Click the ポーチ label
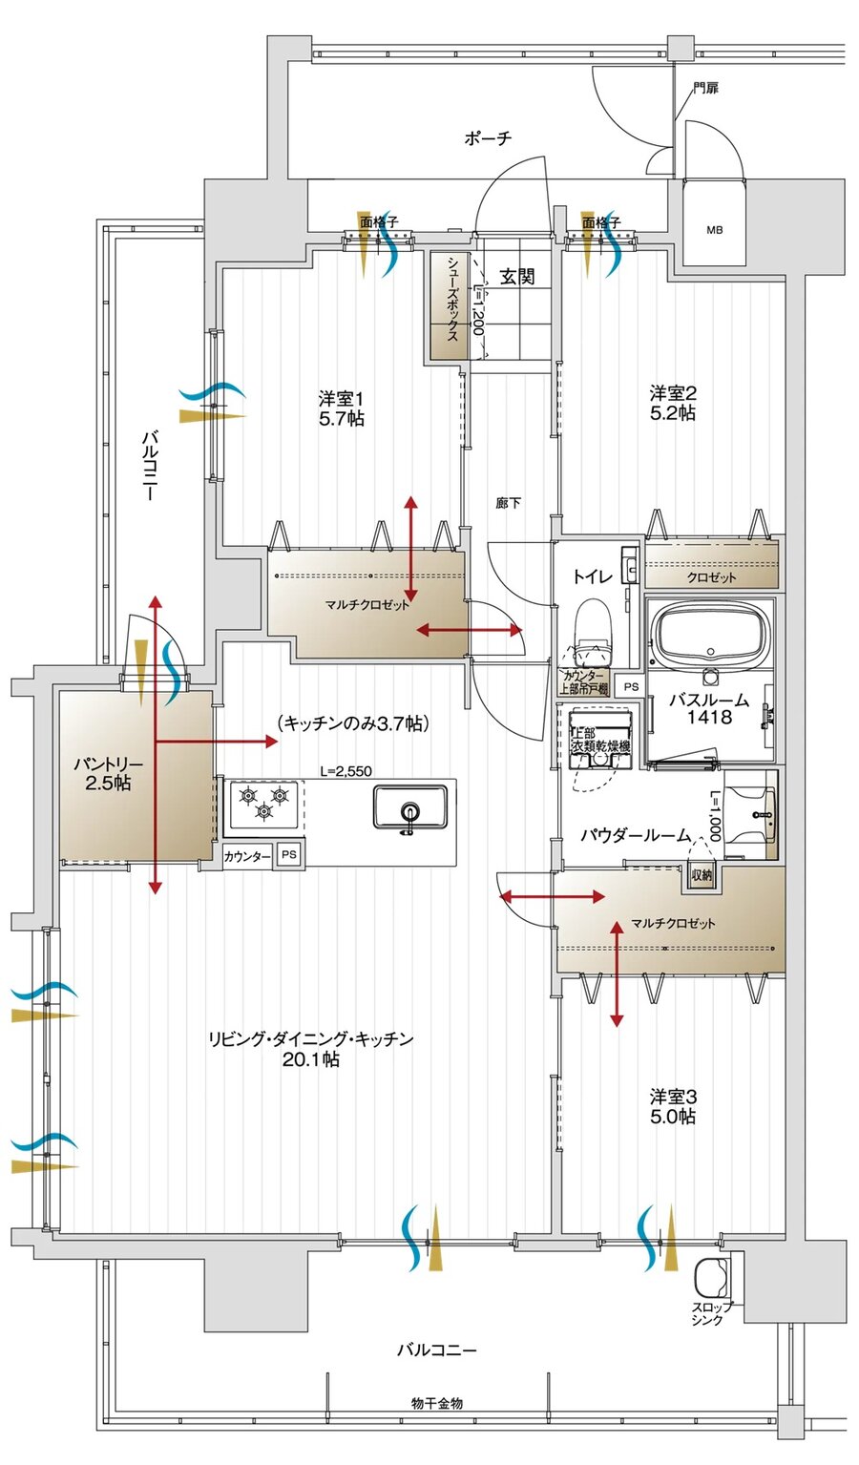pos(488,138)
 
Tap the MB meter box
pos(714,230)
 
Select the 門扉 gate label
pos(705,89)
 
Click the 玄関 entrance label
pos(517,277)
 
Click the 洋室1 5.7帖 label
pos(341,408)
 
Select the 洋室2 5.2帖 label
pos(673,403)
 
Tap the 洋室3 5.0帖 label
pos(673,1106)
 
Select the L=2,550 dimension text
pos(346,771)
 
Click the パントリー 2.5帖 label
pos(108,774)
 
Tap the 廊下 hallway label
pos(508,503)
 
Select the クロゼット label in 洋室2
pos(712,577)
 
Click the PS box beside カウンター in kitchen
pos(288,855)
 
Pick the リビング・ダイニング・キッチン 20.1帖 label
pos(311,1049)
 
